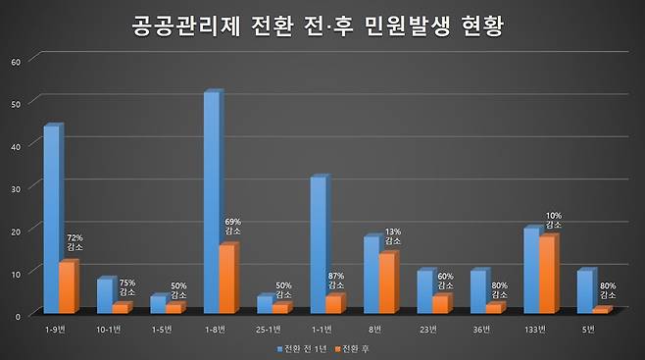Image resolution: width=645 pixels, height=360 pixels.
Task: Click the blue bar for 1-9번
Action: tap(52, 220)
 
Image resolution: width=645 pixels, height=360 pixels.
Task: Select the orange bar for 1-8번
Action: tap(226, 279)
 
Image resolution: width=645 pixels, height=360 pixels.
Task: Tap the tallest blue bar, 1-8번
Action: tap(211, 202)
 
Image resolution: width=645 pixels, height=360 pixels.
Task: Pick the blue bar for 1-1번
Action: tap(318, 245)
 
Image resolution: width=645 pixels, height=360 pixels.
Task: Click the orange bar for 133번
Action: tap(548, 275)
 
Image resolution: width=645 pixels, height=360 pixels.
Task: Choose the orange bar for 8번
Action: tap(388, 283)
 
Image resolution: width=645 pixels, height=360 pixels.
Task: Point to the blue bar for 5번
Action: tap(585, 291)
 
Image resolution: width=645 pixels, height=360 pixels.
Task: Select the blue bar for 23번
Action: tap(424, 291)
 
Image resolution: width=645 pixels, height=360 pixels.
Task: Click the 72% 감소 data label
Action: tap(74, 243)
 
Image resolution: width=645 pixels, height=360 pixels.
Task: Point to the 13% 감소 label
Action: tap(393, 234)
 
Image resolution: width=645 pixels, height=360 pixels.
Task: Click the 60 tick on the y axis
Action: tap(15, 61)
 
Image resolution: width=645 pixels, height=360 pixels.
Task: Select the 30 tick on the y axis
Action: tap(15, 186)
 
